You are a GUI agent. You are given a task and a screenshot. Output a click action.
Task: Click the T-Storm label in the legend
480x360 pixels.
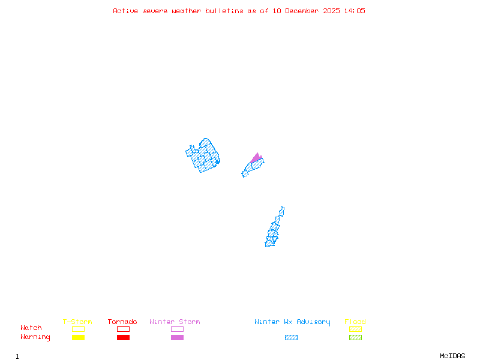click(x=77, y=322)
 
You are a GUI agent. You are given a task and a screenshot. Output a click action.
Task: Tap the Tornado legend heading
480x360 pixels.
click(x=122, y=322)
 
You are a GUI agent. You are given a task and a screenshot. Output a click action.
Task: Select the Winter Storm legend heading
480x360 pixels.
click(x=175, y=322)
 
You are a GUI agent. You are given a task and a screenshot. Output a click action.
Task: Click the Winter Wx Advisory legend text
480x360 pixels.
click(x=292, y=322)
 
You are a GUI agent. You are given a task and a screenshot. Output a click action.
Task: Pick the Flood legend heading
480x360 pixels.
click(x=355, y=322)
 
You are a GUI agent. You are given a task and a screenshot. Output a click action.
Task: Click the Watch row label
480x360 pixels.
click(x=31, y=328)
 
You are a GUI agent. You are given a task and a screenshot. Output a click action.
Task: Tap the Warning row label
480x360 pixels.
click(x=35, y=337)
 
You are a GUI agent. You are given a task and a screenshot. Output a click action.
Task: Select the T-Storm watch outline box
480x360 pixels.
click(x=78, y=329)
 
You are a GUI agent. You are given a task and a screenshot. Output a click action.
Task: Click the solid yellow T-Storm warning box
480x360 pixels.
click(x=78, y=338)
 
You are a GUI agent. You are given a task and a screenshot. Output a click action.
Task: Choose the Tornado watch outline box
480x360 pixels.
click(x=123, y=329)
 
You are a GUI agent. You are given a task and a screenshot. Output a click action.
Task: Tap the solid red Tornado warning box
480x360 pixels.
click(x=123, y=338)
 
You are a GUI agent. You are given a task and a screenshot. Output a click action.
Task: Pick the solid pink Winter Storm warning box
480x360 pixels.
click(x=177, y=338)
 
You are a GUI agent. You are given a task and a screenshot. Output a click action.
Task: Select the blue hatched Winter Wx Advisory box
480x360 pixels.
click(x=291, y=338)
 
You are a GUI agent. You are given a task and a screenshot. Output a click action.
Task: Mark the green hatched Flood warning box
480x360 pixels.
click(x=355, y=338)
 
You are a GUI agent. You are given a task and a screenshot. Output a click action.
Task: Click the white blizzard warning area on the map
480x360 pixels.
click(x=284, y=217)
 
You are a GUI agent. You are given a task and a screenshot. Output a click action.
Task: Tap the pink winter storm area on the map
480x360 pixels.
click(x=257, y=158)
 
